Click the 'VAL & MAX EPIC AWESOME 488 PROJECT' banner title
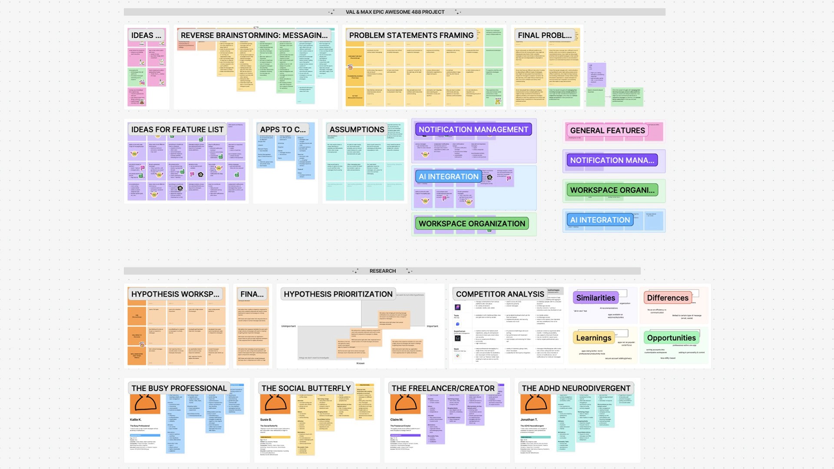(394, 12)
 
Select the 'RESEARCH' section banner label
(382, 271)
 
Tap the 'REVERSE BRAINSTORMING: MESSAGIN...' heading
(254, 35)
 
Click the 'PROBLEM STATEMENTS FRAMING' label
(411, 35)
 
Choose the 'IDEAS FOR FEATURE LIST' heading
(177, 129)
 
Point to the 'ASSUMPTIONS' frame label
(357, 129)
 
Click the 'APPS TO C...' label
(283, 129)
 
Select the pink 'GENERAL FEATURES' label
(607, 130)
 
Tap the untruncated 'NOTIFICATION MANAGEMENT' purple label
(473, 129)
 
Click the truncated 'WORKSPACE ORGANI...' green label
(612, 190)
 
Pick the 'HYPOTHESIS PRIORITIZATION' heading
(338, 294)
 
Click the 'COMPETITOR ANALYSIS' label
(500, 294)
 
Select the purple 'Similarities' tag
(596, 298)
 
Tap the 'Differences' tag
(668, 298)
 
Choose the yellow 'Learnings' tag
(593, 338)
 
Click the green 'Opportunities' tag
(671, 338)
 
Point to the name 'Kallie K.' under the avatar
(136, 419)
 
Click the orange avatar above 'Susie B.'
(275, 404)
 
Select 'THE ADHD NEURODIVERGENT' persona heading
(576, 388)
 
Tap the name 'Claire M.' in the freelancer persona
(397, 419)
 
